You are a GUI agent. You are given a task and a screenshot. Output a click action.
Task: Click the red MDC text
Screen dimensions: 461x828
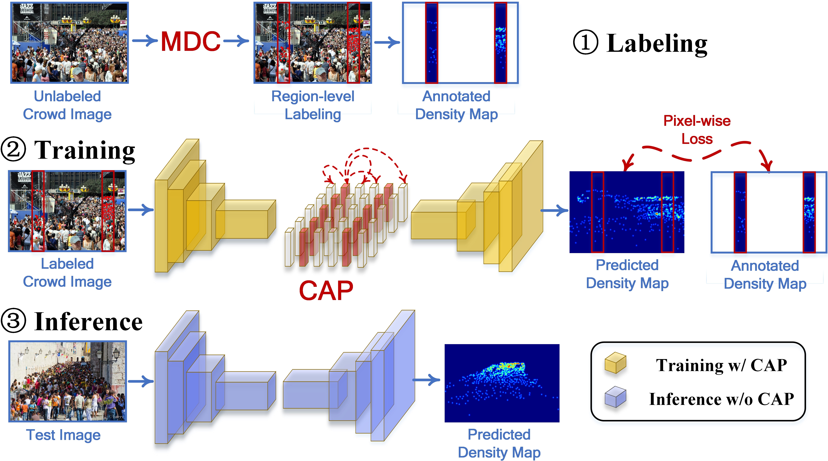[x=191, y=42]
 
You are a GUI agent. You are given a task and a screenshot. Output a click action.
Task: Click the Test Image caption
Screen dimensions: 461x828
[x=63, y=435]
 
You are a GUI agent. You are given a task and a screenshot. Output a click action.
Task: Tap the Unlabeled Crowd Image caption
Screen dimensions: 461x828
[x=67, y=105]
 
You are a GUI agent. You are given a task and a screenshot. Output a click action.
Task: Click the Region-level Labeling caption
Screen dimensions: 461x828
[x=313, y=105]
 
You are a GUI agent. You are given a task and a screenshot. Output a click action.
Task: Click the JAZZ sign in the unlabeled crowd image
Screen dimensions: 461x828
[x=26, y=8]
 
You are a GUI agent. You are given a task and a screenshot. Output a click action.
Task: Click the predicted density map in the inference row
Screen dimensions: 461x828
[x=502, y=383]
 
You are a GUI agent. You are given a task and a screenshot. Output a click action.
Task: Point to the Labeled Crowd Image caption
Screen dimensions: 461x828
[x=67, y=273]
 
